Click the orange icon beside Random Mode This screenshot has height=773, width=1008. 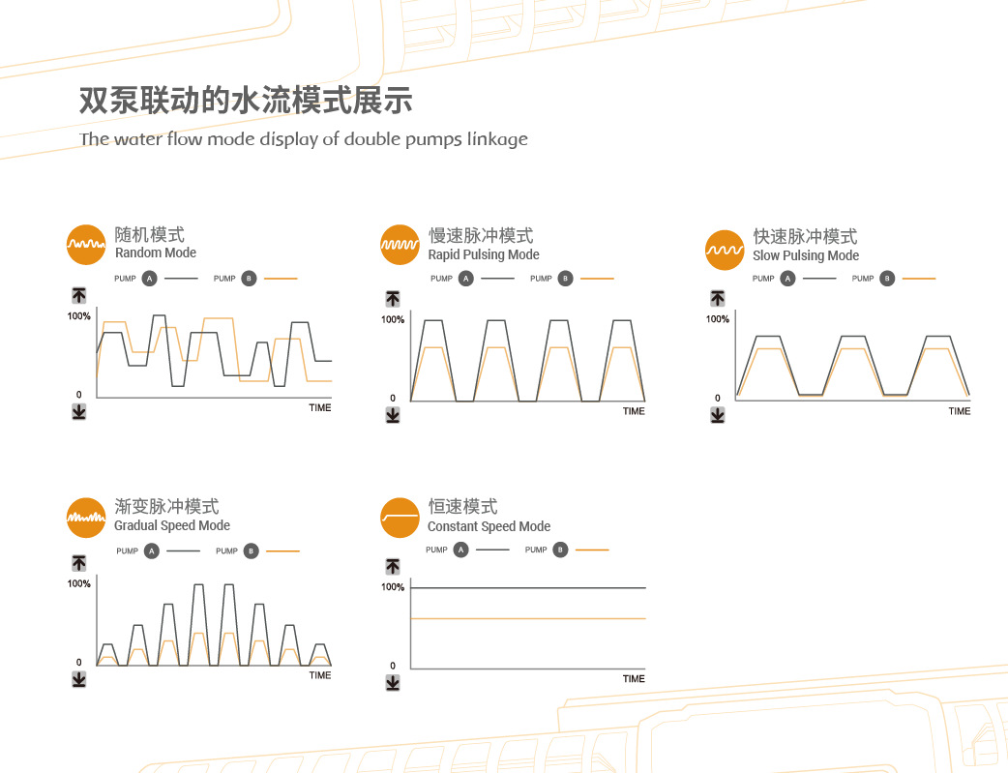point(84,244)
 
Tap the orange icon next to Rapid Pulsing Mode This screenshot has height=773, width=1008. point(400,245)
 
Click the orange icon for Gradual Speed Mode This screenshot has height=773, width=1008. point(85,518)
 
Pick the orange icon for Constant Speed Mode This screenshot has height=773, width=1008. point(400,518)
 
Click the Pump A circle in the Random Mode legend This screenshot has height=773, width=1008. point(149,279)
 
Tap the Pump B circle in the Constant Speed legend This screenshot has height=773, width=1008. point(561,550)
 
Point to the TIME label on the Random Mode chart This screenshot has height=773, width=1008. point(320,408)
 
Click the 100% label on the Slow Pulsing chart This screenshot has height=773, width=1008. point(717,319)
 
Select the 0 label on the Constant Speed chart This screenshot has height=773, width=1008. point(393,666)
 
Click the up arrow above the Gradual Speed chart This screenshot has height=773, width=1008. point(79,563)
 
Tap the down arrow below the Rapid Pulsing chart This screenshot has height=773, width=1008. point(393,415)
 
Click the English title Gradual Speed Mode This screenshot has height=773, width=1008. point(172,525)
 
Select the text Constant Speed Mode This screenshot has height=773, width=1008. point(489,526)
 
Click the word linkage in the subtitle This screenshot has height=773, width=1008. point(497,138)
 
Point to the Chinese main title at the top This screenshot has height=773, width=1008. point(246,101)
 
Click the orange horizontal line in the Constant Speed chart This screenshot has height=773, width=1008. point(527,618)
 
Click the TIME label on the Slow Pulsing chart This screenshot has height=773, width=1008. point(960,411)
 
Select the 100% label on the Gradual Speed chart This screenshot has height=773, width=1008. point(79,583)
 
